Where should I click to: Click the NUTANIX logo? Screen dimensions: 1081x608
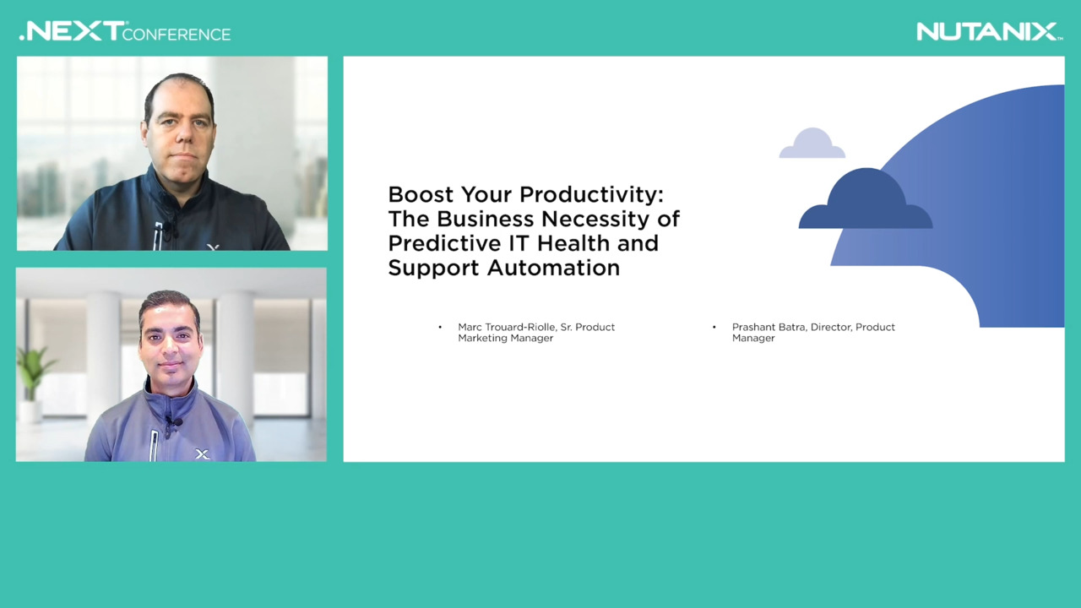989,32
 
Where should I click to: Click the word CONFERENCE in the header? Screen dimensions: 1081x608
177,35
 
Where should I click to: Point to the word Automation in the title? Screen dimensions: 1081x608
553,268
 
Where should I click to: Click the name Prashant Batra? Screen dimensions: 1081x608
769,327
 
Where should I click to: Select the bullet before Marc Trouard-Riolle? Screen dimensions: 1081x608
440,327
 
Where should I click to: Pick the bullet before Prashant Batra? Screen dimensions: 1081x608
714,327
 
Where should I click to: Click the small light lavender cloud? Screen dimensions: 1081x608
812,144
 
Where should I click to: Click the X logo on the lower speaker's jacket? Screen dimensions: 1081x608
202,454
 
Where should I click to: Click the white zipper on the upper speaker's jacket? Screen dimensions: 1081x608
158,236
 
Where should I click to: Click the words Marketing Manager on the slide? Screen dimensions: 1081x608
505,339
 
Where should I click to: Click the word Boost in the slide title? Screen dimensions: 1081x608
421,195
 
